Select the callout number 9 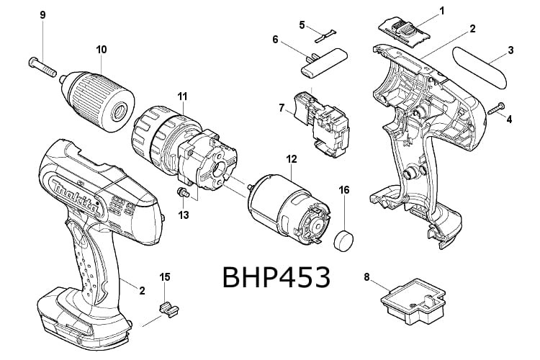pos(42,15)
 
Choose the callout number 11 pos(182,95)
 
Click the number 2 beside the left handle pos(142,290)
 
